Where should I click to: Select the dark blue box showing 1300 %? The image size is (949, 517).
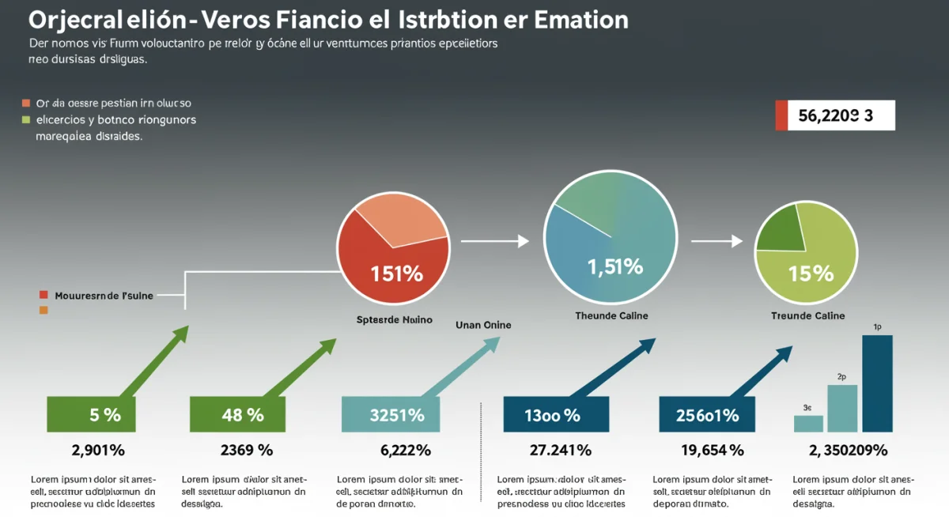coord(556,414)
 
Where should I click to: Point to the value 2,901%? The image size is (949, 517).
coord(98,451)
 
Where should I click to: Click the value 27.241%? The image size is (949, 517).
coord(560,451)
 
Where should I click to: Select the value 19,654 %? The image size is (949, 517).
coord(712,451)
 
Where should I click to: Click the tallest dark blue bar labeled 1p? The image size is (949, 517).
coord(877,383)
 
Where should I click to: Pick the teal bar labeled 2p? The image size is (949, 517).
coord(842,408)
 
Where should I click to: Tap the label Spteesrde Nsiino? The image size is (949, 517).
coord(394,320)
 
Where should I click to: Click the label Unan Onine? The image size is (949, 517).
coord(483,325)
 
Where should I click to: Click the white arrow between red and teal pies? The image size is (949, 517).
coord(494,241)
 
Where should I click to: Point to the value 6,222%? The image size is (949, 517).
coord(406,451)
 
